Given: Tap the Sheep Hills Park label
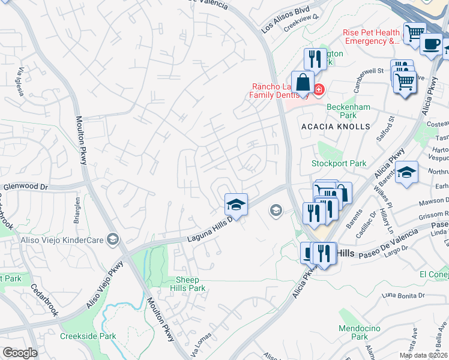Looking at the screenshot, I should pos(191,284).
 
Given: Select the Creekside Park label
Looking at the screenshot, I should pos(88,336).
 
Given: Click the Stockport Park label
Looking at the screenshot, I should pos(339,163).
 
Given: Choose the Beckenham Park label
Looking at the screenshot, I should pos(341,111).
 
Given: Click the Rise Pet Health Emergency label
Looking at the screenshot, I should pos(371,37).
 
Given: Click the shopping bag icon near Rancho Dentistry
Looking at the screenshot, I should pos(304,82).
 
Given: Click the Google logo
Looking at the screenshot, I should pos(20,352).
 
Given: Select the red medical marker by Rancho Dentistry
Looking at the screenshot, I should pos(318,91).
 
